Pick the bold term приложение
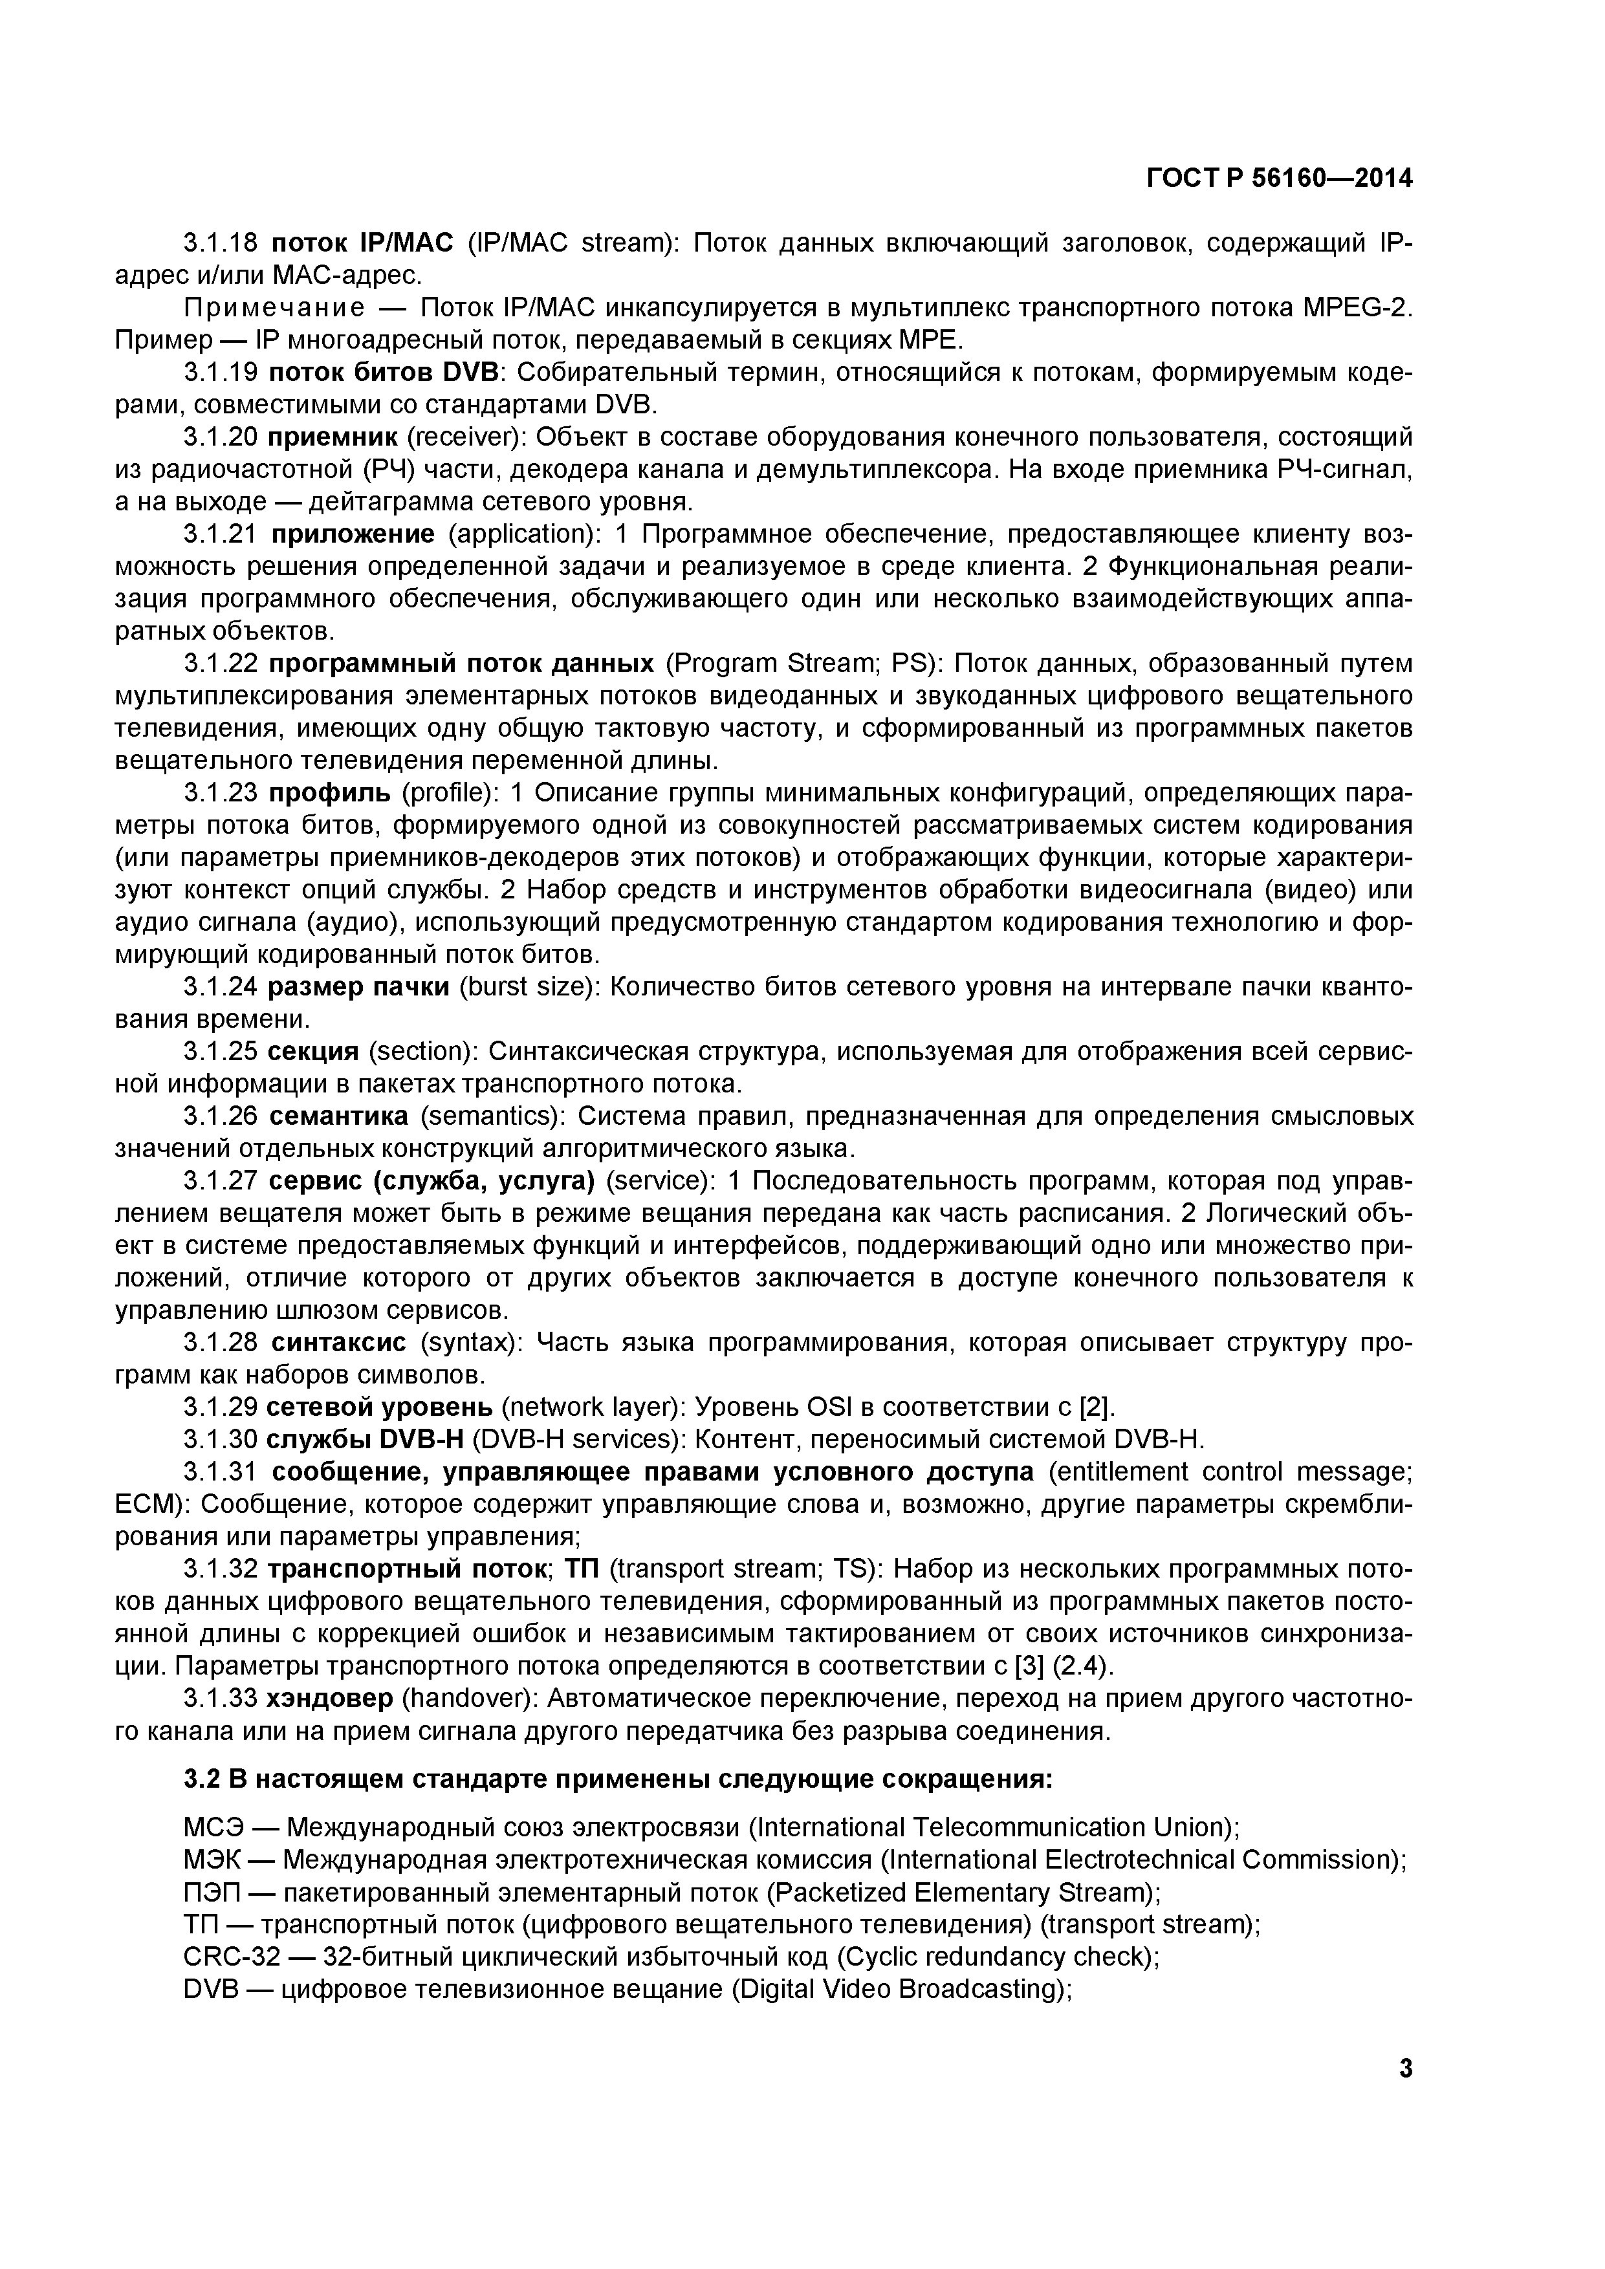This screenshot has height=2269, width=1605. [x=353, y=535]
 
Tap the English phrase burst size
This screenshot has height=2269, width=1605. [x=527, y=987]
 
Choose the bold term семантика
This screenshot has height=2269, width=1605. [x=338, y=1116]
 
